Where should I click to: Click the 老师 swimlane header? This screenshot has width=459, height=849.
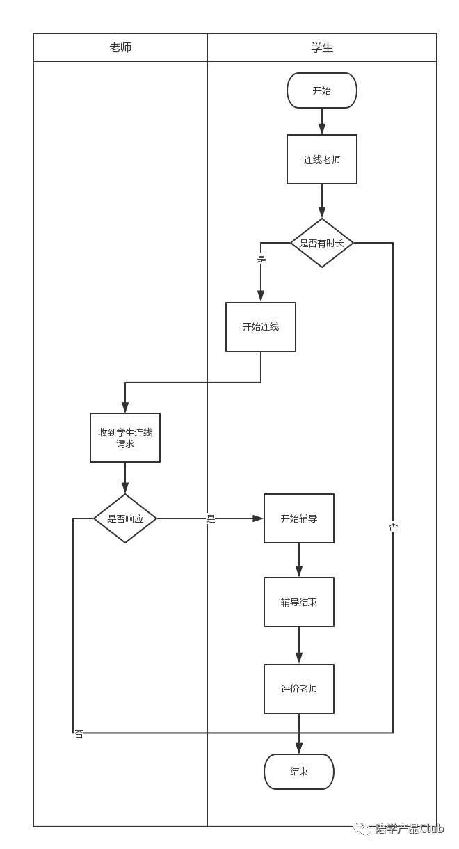click(x=120, y=47)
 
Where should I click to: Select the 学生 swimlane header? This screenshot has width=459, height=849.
click(x=322, y=47)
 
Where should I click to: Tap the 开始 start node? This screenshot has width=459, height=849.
click(x=322, y=90)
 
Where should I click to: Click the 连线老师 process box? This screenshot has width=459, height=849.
click(x=322, y=159)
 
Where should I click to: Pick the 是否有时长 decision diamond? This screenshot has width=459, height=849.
click(x=322, y=243)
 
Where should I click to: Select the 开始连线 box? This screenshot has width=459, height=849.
click(x=261, y=326)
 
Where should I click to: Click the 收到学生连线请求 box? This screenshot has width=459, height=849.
click(x=125, y=438)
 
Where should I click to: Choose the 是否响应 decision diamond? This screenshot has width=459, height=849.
click(x=125, y=518)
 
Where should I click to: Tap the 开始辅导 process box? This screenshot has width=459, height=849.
click(x=299, y=518)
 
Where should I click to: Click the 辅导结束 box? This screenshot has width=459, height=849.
click(x=299, y=602)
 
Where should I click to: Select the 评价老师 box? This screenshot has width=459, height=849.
click(x=299, y=688)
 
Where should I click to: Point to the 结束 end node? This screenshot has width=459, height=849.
click(x=299, y=771)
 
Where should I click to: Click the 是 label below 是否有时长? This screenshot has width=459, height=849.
click(x=261, y=258)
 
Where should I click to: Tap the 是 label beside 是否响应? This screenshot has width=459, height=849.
click(x=210, y=518)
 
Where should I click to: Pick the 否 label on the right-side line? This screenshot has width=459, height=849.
click(x=393, y=526)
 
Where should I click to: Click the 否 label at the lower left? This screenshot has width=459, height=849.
click(x=79, y=733)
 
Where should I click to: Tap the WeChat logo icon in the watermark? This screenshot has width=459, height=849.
click(x=362, y=827)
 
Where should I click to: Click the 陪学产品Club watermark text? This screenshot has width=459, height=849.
click(x=409, y=828)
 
